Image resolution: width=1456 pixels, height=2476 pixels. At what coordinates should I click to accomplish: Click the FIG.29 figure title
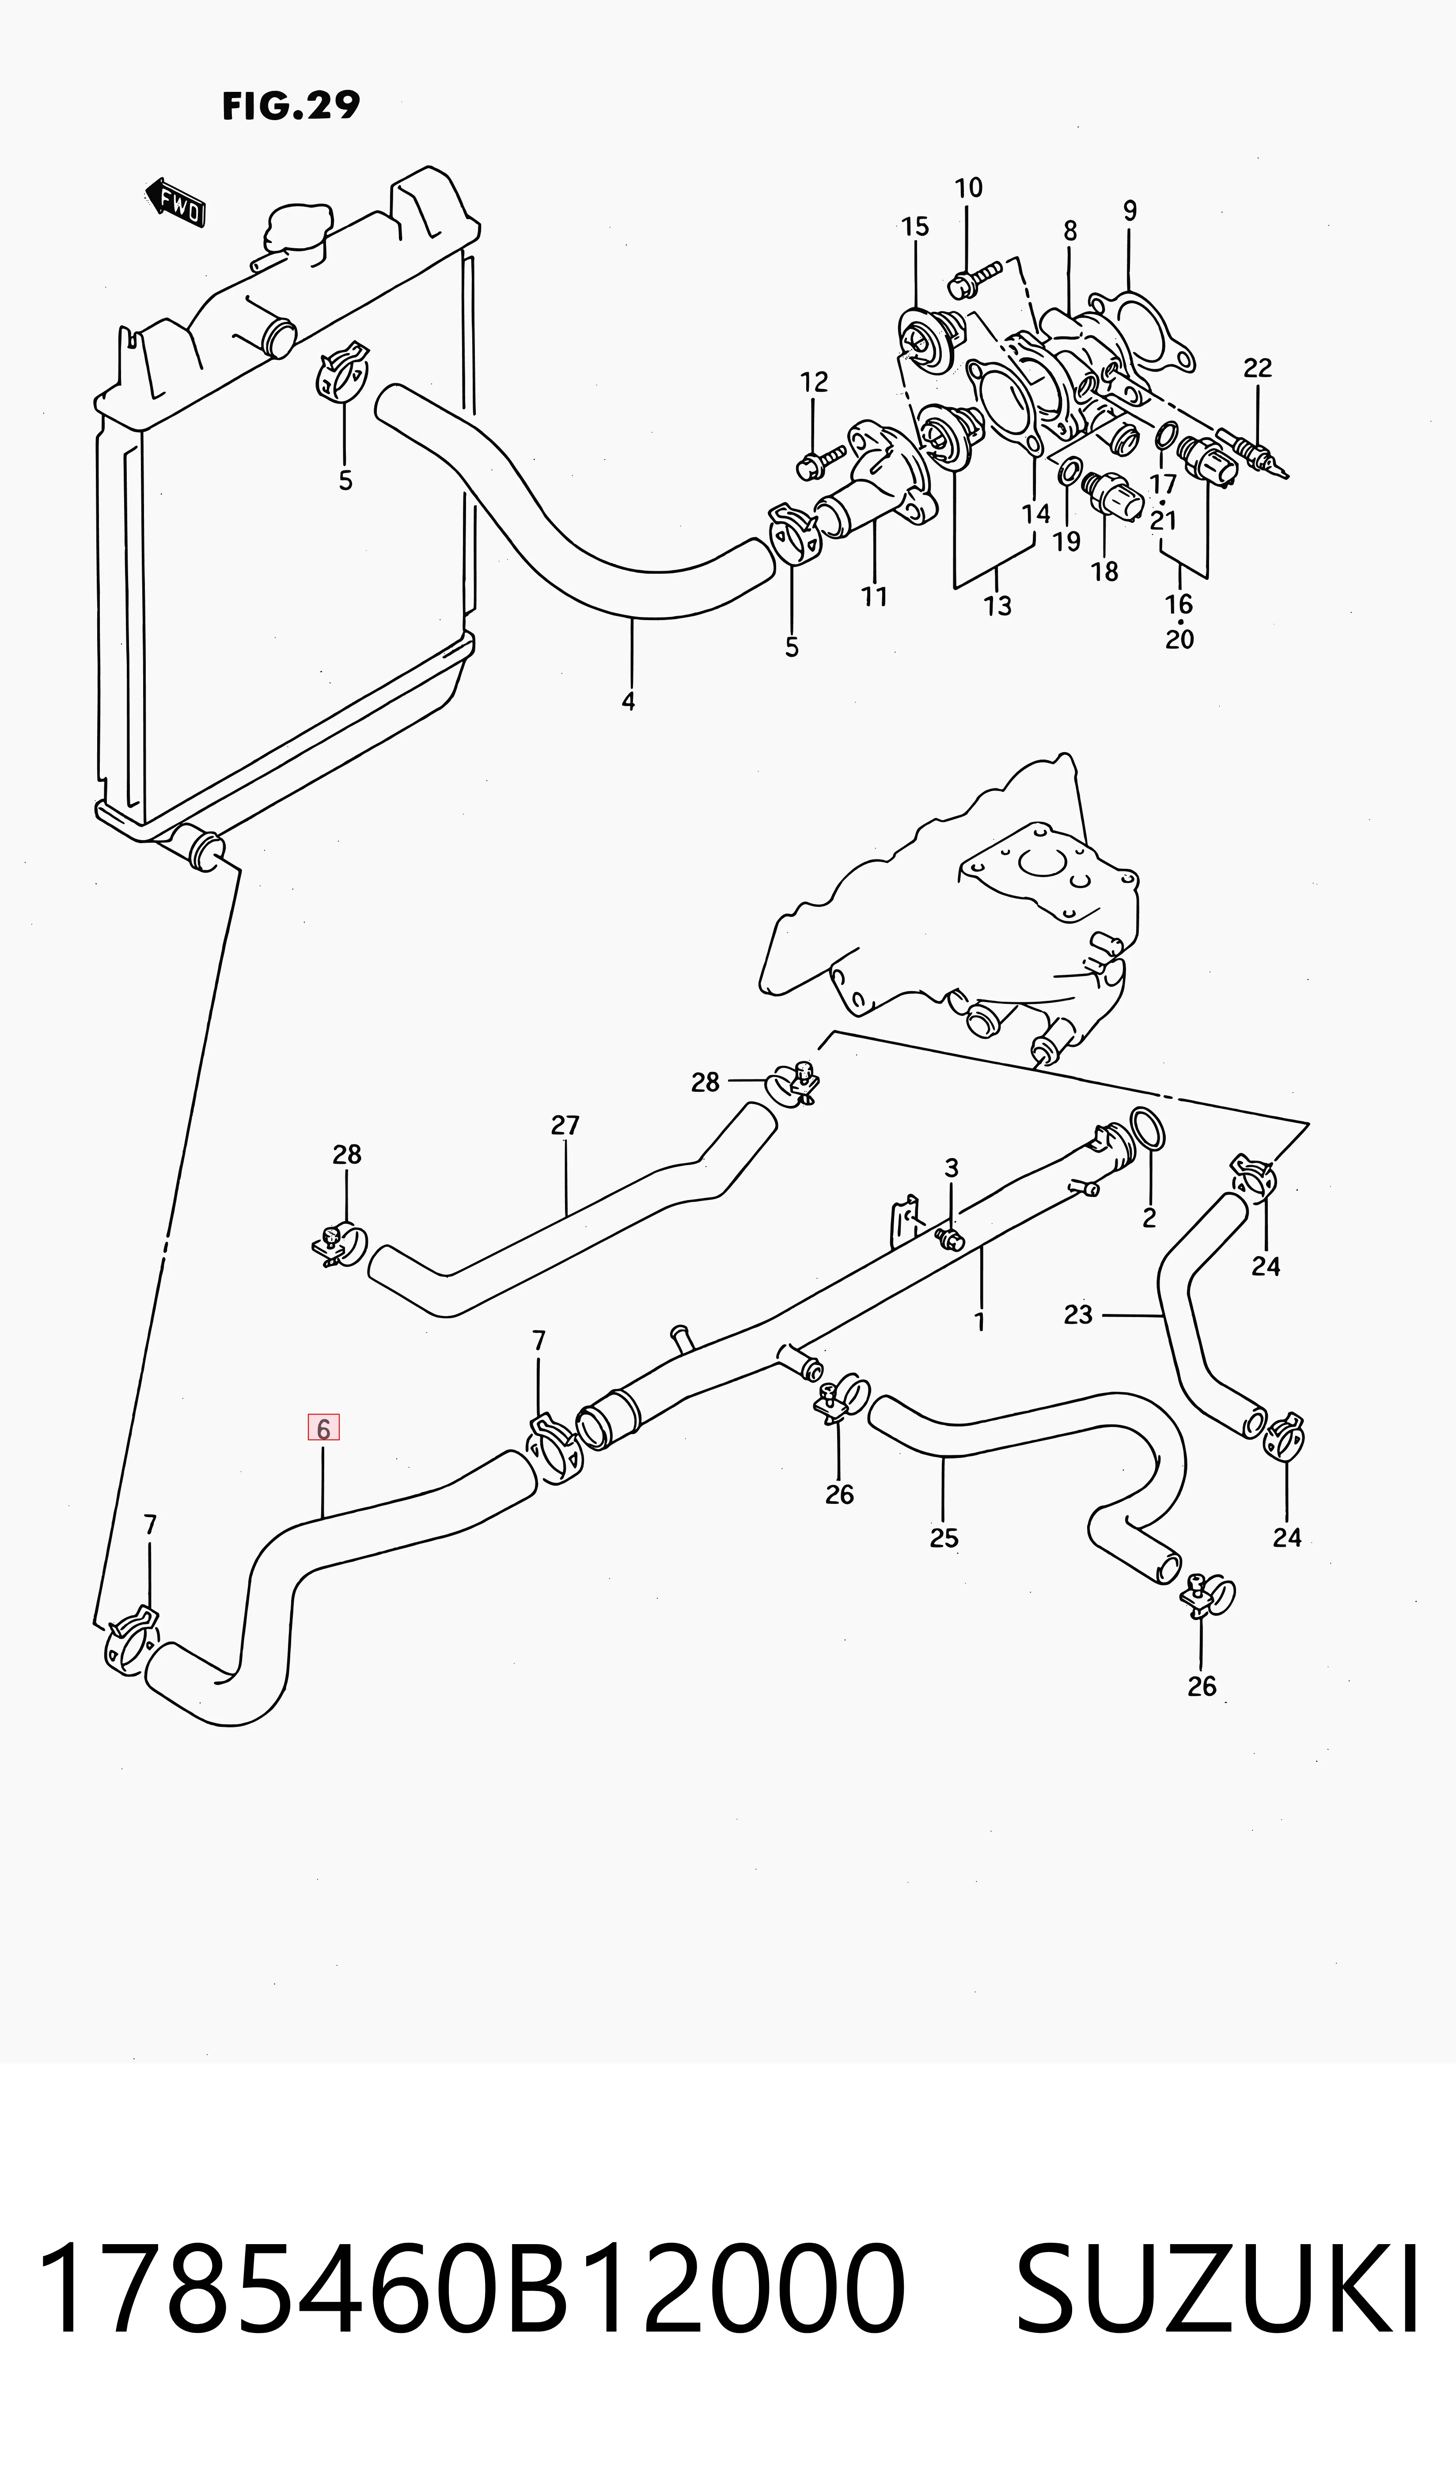[291, 105]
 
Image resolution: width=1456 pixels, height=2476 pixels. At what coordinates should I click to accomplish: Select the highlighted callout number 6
[323, 1427]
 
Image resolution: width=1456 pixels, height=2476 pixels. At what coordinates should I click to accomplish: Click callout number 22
[1258, 367]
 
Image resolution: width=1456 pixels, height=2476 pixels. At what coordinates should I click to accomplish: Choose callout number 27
[565, 1125]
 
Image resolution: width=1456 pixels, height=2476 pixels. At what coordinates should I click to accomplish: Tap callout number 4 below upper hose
[628, 701]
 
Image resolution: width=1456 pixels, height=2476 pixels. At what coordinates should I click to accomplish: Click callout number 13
[997, 606]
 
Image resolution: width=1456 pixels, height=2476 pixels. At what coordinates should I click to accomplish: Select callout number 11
[874, 596]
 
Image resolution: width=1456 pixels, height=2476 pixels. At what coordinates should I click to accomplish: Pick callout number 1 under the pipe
[979, 1321]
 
